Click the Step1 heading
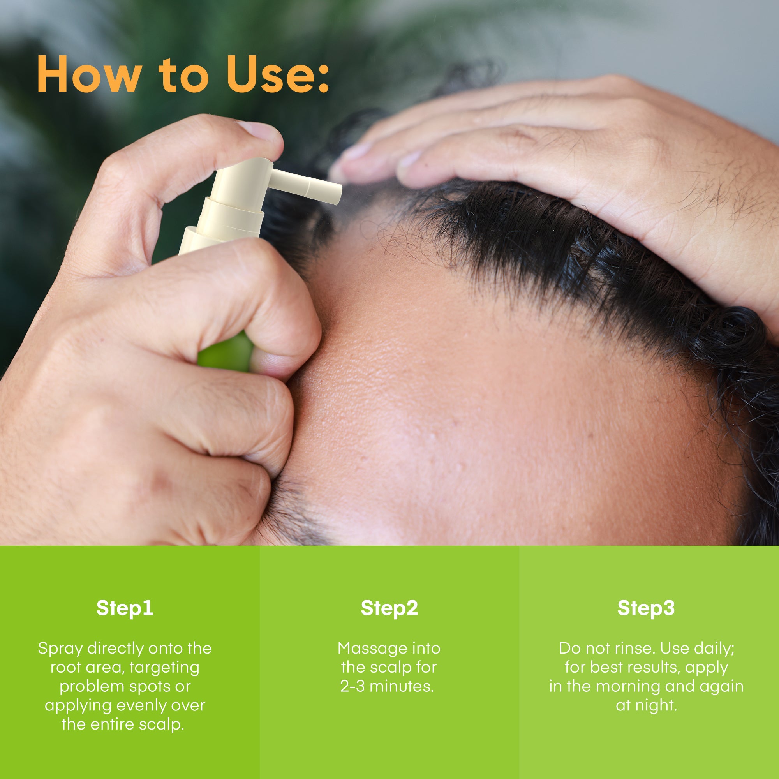(x=125, y=608)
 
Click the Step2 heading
(x=389, y=608)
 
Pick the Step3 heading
(x=646, y=608)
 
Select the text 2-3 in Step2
(x=352, y=686)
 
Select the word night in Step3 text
(x=656, y=706)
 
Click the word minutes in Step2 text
(x=402, y=686)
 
